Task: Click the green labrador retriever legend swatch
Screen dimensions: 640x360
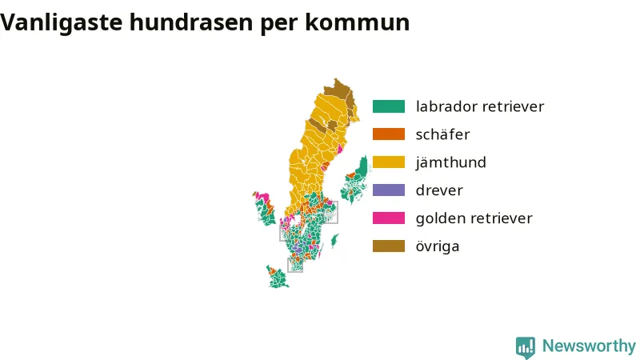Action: click(389, 106)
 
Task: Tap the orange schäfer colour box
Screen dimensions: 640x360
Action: click(389, 134)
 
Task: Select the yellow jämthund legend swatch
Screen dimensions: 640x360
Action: click(389, 162)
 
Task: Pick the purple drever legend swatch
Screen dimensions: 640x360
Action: click(389, 190)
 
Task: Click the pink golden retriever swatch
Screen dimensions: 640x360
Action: click(389, 218)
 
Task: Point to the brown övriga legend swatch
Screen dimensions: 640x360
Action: click(389, 246)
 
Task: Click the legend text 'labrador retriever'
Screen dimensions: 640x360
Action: click(480, 106)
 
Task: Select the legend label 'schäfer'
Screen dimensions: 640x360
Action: click(443, 134)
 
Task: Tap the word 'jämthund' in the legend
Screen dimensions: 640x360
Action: click(451, 162)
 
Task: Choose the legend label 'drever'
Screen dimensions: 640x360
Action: click(439, 190)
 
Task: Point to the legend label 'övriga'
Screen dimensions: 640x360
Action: click(438, 246)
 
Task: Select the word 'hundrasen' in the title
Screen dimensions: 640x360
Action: click(191, 22)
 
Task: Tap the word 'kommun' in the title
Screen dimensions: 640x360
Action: click(357, 22)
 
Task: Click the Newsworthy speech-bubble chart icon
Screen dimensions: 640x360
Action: click(526, 347)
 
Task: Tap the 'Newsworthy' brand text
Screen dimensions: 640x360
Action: click(589, 346)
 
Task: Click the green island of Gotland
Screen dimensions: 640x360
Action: click(334, 241)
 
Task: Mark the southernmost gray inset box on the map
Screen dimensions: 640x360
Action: click(295, 265)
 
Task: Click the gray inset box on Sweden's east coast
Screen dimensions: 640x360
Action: click(330, 212)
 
